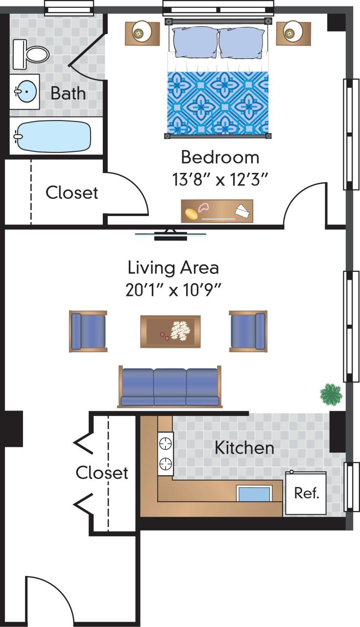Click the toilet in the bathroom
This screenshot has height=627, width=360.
(31, 53)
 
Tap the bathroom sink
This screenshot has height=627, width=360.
(24, 92)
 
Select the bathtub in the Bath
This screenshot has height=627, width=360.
(53, 136)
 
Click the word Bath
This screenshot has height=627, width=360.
(68, 93)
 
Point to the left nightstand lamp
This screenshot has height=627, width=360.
(142, 33)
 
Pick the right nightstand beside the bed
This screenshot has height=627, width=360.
(293, 33)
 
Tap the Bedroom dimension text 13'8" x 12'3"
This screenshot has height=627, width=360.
(220, 180)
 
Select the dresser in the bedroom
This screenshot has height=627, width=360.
(217, 211)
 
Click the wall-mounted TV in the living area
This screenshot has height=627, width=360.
(170, 236)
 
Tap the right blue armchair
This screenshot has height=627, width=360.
(248, 331)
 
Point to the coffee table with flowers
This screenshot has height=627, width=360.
(170, 331)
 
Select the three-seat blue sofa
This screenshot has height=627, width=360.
(170, 387)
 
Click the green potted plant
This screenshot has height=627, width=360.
(331, 394)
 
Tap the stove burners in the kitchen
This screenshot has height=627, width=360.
(166, 453)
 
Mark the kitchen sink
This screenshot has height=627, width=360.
(254, 493)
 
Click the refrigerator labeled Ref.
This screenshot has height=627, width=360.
(306, 493)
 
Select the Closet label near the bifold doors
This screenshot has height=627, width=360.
(102, 473)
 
